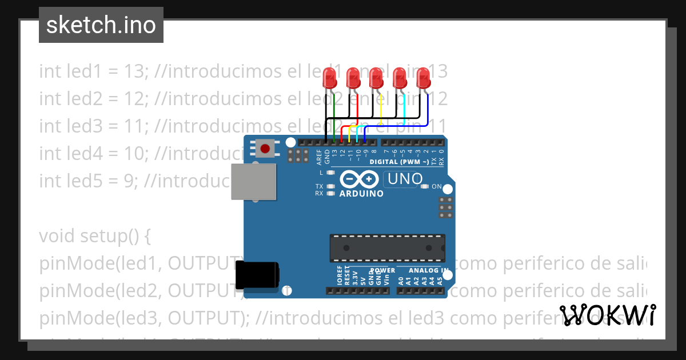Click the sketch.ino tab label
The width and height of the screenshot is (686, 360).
point(101,25)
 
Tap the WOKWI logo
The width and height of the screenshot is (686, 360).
point(607,315)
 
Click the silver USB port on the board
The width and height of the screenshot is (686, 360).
point(253,181)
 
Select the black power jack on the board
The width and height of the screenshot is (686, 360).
point(257,275)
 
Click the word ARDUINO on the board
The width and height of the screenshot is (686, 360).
point(361,194)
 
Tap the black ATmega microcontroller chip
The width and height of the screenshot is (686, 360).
point(387,246)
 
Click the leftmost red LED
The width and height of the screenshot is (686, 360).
point(329,77)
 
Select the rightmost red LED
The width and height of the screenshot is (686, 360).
point(423,77)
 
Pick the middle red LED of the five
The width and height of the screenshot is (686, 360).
point(376,77)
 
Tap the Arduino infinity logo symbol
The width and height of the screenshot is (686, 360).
point(359,180)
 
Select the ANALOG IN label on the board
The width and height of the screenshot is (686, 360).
point(429,270)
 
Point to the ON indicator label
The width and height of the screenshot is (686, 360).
point(436,186)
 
